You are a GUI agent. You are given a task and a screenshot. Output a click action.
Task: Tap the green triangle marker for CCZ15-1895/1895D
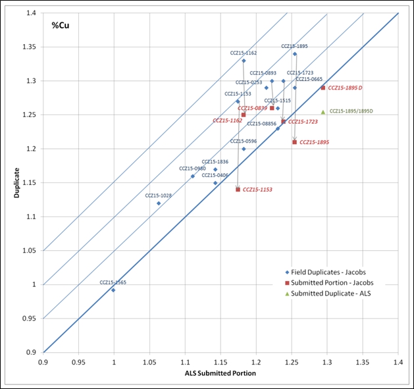tap(323, 112)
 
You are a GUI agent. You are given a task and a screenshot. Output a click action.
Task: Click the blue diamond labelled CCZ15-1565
tap(113, 290)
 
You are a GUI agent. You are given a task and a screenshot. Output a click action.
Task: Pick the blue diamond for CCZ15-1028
tap(159, 203)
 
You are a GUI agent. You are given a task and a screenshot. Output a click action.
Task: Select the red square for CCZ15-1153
tap(238, 190)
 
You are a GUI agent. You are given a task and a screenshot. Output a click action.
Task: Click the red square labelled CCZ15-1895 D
tap(323, 88)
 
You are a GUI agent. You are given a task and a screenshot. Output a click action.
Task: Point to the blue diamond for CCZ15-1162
tap(244, 61)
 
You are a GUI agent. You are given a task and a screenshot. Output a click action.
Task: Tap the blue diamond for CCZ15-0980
tap(193, 176)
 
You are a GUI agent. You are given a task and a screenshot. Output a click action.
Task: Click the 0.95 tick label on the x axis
tap(78, 361)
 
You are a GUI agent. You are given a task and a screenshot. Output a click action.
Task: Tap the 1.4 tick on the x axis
tap(398, 361)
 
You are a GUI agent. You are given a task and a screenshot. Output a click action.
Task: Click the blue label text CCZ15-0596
tap(243, 142)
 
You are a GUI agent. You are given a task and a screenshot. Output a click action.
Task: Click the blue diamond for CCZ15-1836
tap(215, 169)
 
